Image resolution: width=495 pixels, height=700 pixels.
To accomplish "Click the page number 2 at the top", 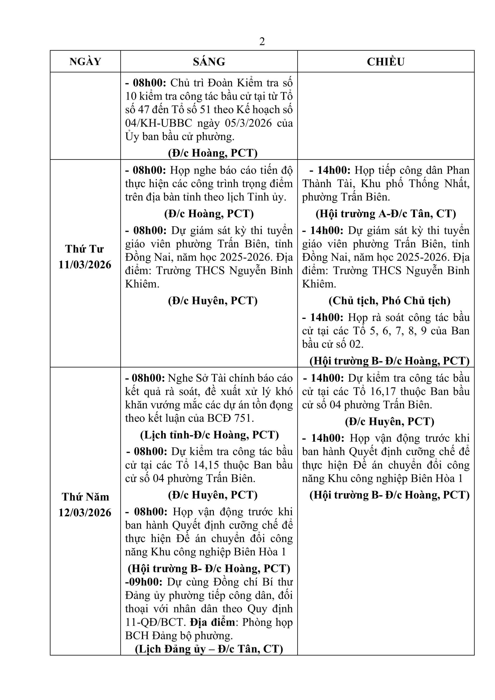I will tap(262, 42).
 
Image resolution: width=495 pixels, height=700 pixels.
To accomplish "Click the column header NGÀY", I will tap(85, 62).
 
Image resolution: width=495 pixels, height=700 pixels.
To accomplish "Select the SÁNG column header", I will tap(209, 62).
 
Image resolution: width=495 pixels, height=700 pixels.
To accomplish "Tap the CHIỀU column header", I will tap(386, 62).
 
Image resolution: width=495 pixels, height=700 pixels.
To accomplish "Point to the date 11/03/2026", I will tap(85, 265).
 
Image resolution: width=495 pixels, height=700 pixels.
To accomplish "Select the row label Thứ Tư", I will tap(84, 249).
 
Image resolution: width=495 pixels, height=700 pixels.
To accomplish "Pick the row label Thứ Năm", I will tap(85, 497).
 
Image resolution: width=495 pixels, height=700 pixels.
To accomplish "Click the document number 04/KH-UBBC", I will tap(158, 123).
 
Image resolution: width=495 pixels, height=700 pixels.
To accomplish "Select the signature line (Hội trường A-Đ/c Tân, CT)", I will tap(386, 214).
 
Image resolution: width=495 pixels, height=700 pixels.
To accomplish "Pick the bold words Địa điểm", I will tap(213, 622).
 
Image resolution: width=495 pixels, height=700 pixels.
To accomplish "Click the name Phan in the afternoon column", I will tap(458, 170).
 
